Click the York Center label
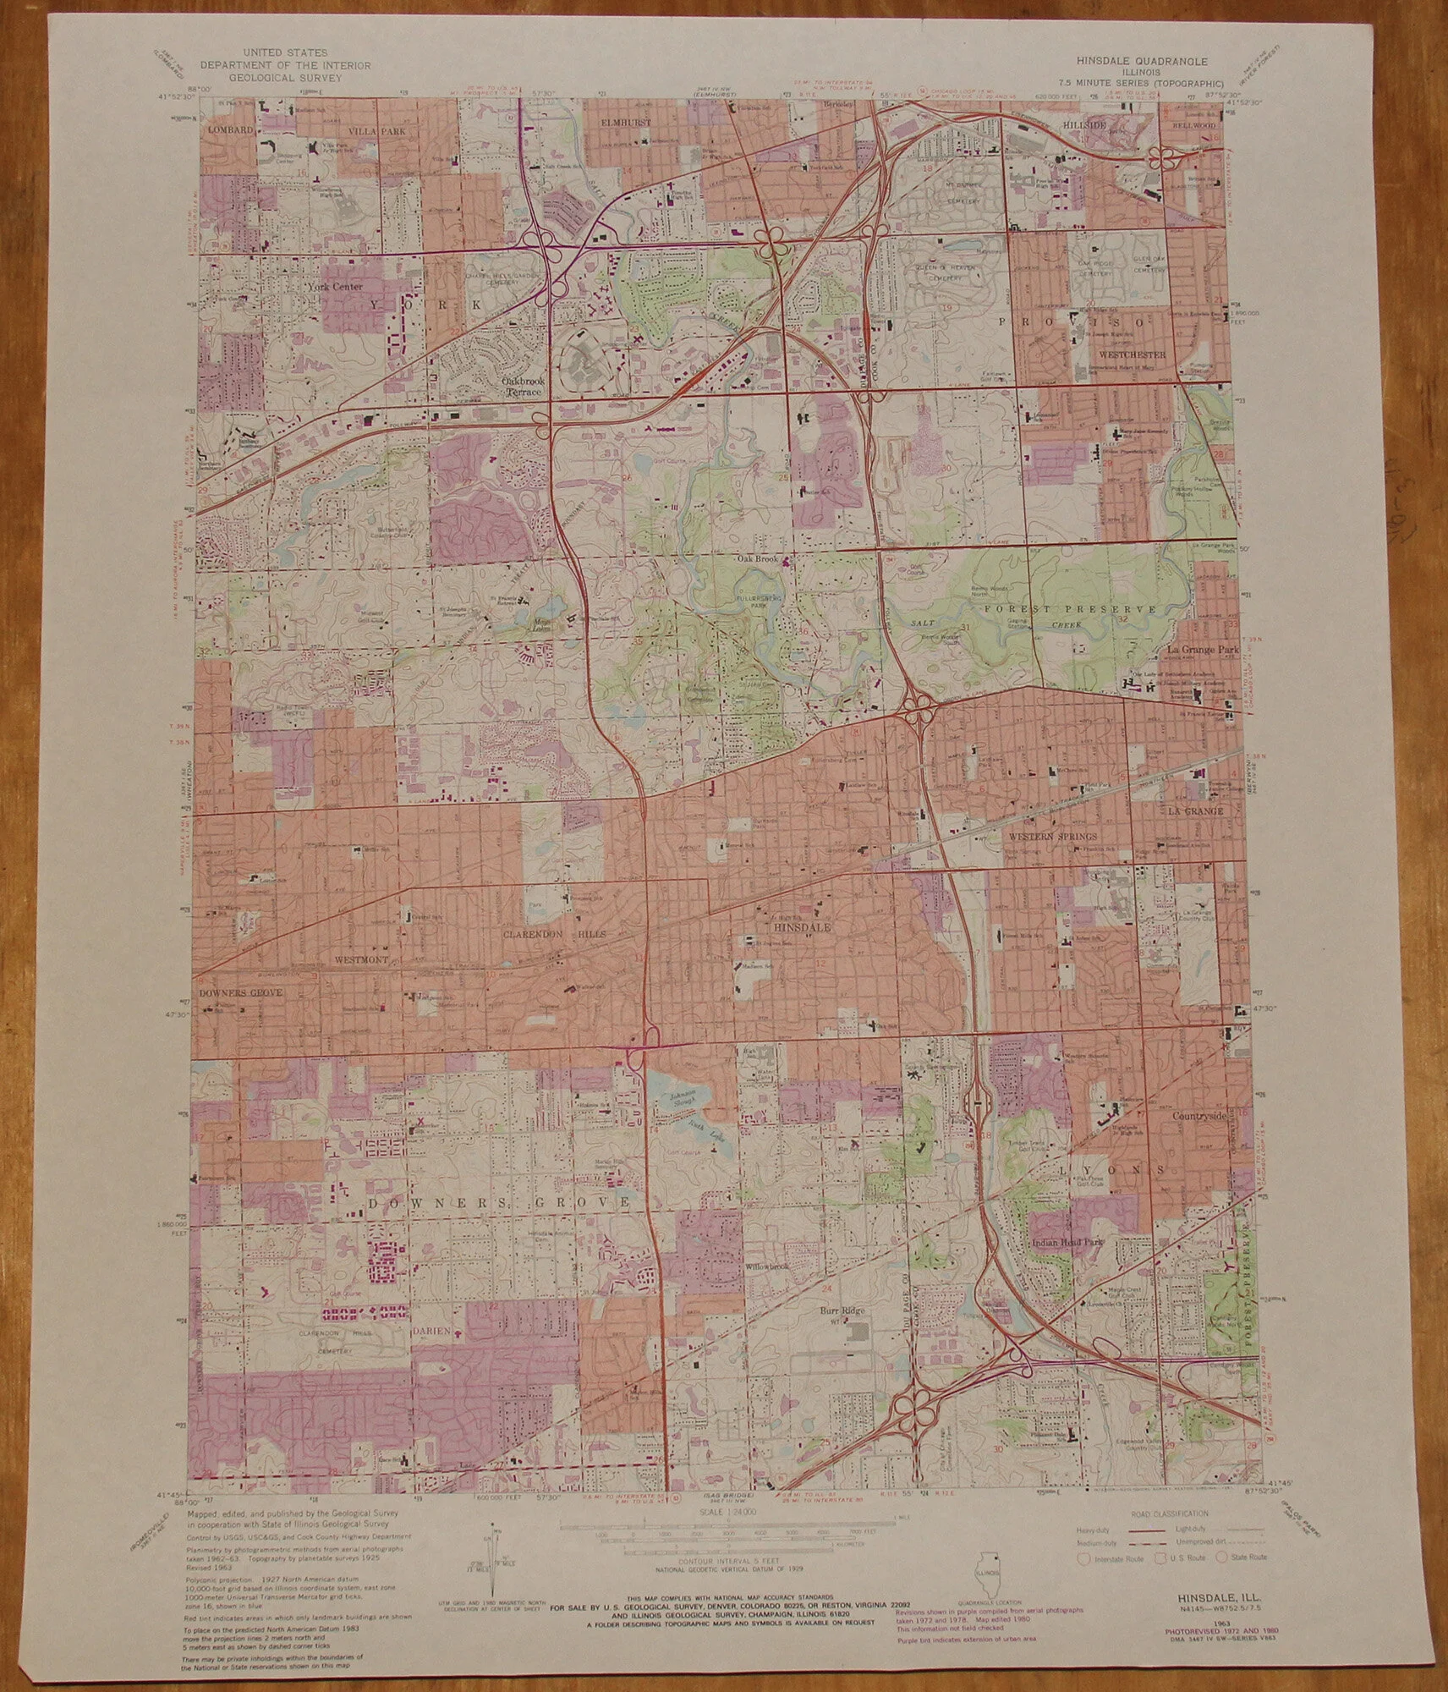[335, 287]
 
